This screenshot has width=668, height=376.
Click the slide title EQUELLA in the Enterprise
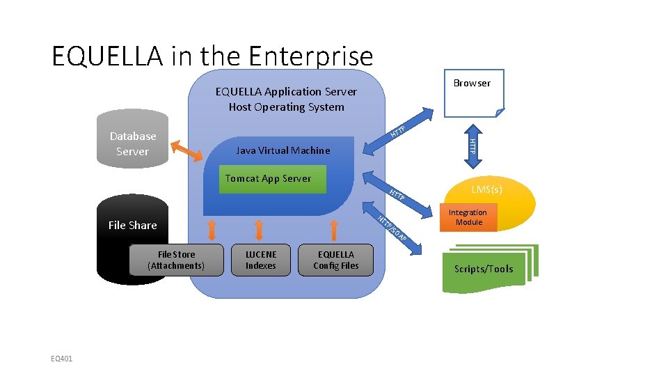click(212, 56)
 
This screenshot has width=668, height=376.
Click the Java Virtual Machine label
click(283, 150)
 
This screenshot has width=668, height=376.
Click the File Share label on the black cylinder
click(132, 225)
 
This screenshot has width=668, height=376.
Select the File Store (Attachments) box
click(176, 260)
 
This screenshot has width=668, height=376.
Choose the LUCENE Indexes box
click(261, 260)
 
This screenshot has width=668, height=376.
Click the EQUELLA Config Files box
click(336, 260)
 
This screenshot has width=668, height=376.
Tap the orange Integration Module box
click(468, 217)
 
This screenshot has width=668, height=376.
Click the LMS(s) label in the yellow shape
click(487, 189)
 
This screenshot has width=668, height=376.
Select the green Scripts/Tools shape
click(484, 269)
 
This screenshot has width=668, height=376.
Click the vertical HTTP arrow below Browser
click(472, 145)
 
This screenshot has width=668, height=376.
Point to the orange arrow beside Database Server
click(186, 150)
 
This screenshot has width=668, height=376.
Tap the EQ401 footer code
click(62, 359)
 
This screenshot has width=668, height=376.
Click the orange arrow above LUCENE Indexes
click(260, 229)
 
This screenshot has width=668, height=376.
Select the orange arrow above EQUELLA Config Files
click(335, 229)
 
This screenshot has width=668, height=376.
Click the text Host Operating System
click(286, 107)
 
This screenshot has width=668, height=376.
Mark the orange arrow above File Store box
click(212, 229)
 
